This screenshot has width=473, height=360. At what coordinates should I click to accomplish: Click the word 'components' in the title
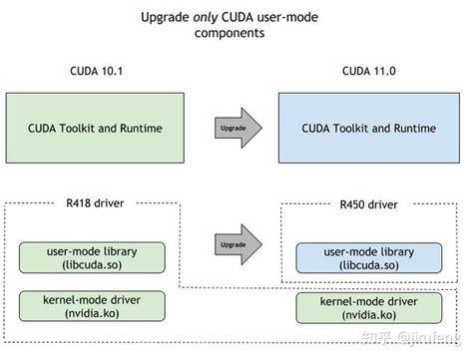236,33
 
